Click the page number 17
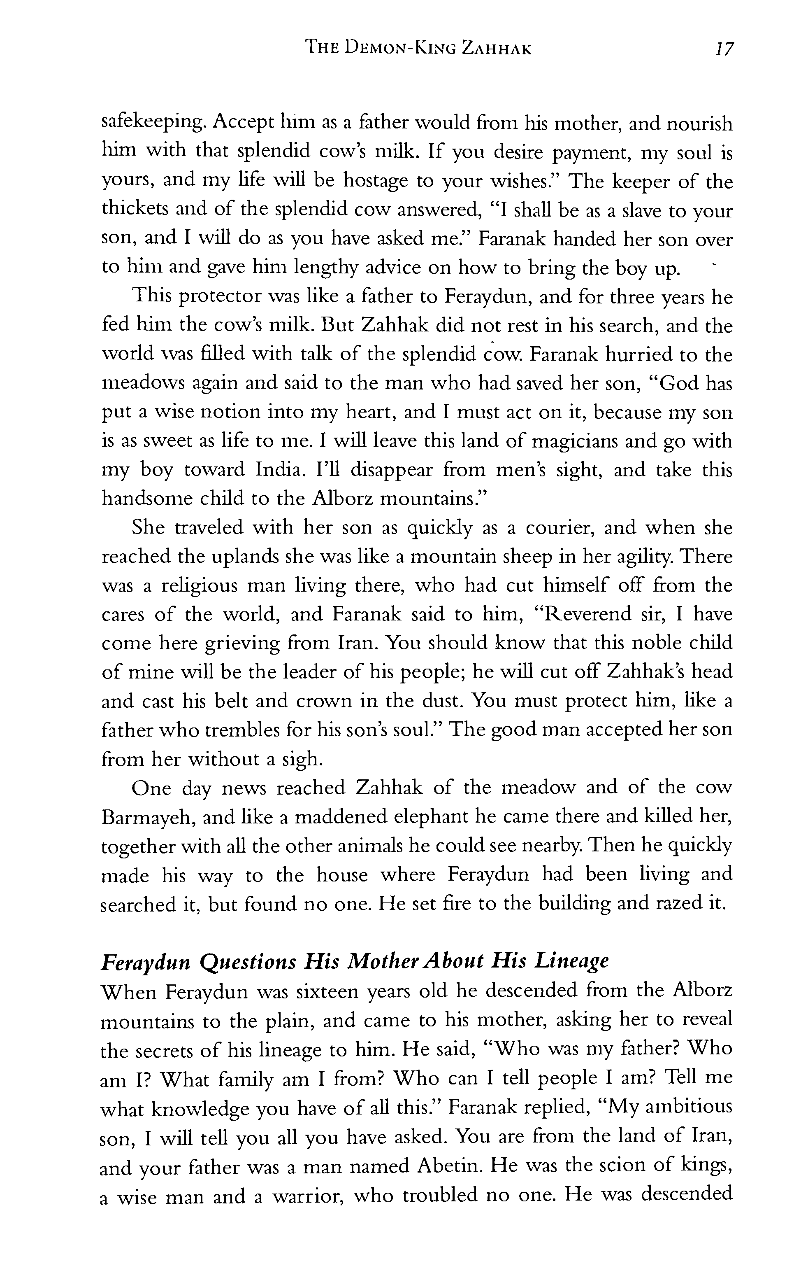pos(724,49)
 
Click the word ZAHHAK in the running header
pos(496,49)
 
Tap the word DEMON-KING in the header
pos(395,49)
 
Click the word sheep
pos(524,556)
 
